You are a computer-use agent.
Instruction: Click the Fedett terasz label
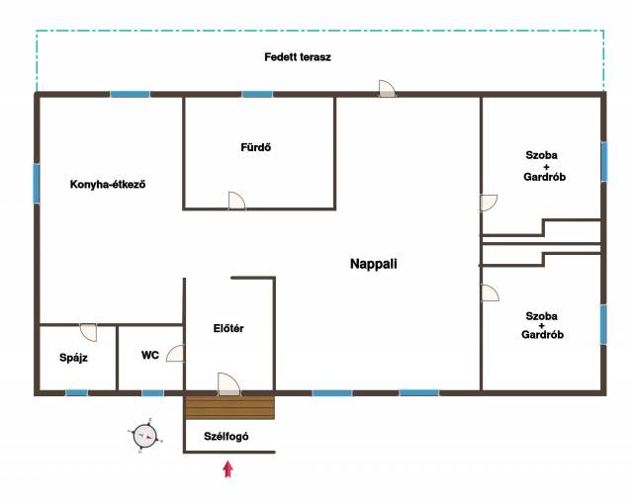point(298,57)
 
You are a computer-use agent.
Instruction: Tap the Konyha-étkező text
point(108,185)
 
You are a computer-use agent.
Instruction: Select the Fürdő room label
point(255,147)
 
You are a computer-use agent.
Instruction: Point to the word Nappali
point(374,264)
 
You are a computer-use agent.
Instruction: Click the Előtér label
point(228,328)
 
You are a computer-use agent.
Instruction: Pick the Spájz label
point(73,358)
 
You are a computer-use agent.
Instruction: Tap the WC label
point(150,356)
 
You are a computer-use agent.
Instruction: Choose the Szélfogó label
point(226,437)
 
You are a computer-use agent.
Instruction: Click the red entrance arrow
point(228,469)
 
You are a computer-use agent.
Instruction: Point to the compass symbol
point(145,436)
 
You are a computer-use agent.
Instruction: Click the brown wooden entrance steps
point(229,407)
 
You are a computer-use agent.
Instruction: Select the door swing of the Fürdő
point(236,201)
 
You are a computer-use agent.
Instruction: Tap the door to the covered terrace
point(387,89)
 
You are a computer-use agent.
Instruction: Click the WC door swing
point(176,354)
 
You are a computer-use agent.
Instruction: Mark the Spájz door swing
point(88,332)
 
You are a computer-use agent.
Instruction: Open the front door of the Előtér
point(228,384)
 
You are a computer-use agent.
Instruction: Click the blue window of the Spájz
point(77,392)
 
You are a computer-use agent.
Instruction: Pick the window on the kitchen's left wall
point(37,184)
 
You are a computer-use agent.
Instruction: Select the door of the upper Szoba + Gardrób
point(489,203)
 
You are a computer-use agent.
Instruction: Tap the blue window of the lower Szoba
point(603,324)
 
